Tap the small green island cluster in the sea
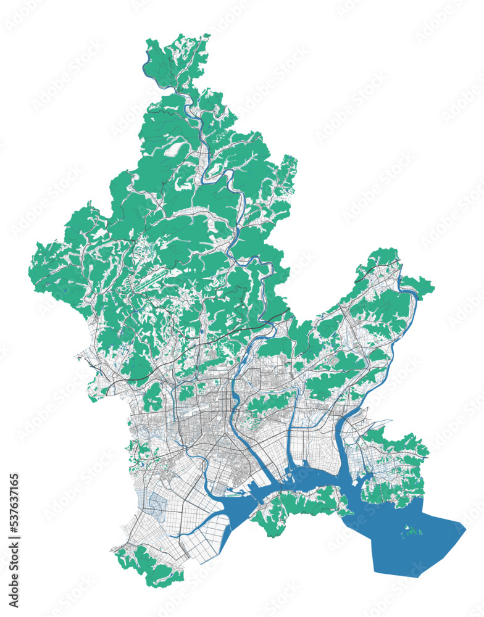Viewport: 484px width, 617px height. click(409, 529)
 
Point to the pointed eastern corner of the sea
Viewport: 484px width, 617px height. click(464, 526)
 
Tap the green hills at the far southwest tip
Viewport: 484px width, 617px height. click(148, 565)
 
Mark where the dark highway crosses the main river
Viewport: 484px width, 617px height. click(270, 320)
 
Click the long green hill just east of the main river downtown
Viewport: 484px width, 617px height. click(269, 402)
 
